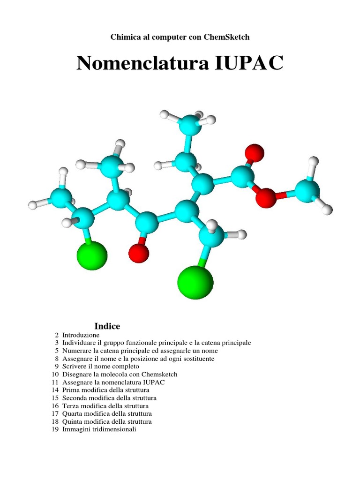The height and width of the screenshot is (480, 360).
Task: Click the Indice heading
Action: point(107,326)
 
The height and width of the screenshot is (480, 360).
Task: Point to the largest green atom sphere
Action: point(195,282)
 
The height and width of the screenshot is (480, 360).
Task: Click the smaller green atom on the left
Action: point(92,255)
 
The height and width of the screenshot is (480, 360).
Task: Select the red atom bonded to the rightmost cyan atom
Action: point(266,197)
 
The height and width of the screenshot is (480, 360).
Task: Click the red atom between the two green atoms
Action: point(139,253)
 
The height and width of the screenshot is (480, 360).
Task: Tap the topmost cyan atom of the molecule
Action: point(190,125)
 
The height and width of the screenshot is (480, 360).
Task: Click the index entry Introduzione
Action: point(81,335)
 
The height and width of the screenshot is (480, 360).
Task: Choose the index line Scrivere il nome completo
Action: point(101,367)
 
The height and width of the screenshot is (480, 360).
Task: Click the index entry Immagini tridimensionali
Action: point(99,429)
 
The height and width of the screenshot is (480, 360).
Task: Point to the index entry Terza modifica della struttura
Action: point(105,406)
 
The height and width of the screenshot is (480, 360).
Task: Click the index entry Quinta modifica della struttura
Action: point(107,421)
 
